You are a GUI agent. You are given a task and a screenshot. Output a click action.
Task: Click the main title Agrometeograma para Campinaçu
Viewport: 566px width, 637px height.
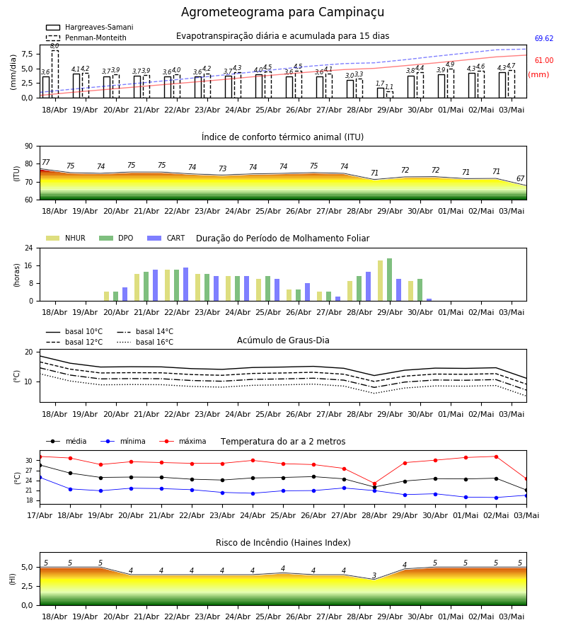pyautogui.click(x=282, y=12)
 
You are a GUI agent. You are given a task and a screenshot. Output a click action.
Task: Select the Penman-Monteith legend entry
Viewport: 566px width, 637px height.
pyautogui.click(x=86, y=38)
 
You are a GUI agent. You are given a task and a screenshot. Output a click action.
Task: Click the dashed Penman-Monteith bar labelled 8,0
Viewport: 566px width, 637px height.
pyautogui.click(x=54, y=74)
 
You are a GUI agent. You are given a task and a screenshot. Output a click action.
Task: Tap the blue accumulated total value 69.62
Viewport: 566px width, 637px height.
pyautogui.click(x=543, y=39)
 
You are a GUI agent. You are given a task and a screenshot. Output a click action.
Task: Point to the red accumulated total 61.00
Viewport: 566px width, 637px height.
pyautogui.click(x=543, y=61)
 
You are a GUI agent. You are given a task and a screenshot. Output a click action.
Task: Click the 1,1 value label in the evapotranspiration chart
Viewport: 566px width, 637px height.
pyautogui.click(x=389, y=87)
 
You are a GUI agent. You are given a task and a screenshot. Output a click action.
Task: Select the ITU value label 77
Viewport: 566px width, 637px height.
pyautogui.click(x=45, y=162)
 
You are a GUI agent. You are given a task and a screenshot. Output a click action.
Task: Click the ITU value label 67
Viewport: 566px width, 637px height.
pyautogui.click(x=520, y=178)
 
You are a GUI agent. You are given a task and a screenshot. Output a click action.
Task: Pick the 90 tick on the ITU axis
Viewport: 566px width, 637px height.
pyautogui.click(x=29, y=147)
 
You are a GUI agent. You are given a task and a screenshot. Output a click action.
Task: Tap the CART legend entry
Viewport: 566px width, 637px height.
pyautogui.click(x=166, y=238)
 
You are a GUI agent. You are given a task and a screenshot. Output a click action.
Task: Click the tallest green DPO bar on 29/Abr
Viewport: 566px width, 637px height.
pyautogui.click(x=389, y=280)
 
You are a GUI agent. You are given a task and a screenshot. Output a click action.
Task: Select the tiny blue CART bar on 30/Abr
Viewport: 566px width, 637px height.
pyautogui.click(x=429, y=300)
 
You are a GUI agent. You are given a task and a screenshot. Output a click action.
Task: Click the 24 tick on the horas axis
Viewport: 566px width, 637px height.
pyautogui.click(x=29, y=248)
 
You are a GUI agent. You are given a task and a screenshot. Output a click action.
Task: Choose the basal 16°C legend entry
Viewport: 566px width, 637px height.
pyautogui.click(x=145, y=342)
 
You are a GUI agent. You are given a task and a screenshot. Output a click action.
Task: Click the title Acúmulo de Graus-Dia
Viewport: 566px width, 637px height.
pyautogui.click(x=283, y=340)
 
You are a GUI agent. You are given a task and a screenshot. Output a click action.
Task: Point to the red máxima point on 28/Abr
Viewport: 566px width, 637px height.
pyautogui.click(x=374, y=484)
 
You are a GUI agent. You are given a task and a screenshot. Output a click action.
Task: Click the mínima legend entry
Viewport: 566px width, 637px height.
pyautogui.click(x=123, y=441)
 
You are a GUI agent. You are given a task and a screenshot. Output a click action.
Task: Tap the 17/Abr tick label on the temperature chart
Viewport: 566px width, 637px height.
pyautogui.click(x=40, y=515)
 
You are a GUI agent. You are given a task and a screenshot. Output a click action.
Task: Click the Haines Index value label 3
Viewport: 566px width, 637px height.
pyautogui.click(x=374, y=575)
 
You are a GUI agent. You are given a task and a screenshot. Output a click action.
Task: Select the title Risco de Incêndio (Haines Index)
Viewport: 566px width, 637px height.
pyautogui.click(x=283, y=542)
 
